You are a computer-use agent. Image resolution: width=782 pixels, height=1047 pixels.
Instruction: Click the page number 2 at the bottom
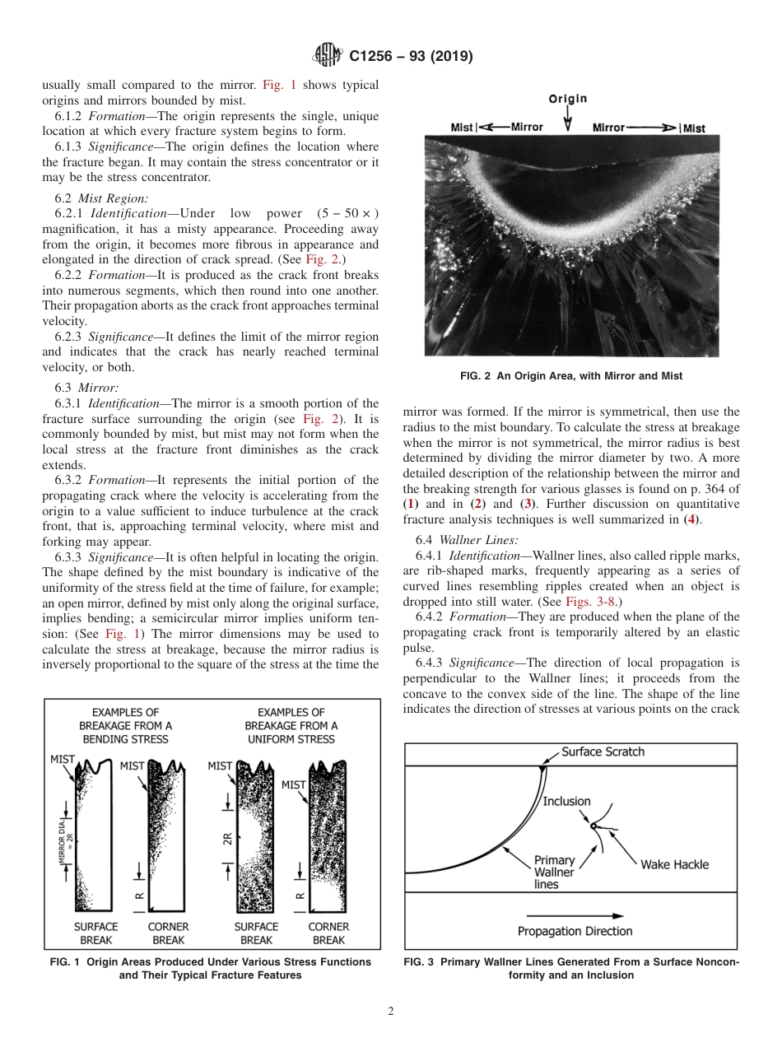coord(391,1012)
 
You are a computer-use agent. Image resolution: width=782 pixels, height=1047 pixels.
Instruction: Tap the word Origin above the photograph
coord(568,99)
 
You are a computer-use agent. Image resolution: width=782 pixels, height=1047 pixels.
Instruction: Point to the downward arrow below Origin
coord(567,121)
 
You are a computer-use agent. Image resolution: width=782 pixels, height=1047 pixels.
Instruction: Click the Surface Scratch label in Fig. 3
coord(603,752)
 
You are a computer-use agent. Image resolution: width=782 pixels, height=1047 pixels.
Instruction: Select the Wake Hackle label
coord(674,864)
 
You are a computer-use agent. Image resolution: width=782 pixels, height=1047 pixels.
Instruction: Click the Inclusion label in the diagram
coord(567,801)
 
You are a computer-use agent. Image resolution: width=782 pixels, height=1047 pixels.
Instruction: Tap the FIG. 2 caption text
coord(571,375)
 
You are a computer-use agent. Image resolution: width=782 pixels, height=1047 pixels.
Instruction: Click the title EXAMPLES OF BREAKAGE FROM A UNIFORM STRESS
coord(291,725)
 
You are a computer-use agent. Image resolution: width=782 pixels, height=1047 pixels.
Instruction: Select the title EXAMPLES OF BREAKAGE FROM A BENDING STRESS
coord(125,725)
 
